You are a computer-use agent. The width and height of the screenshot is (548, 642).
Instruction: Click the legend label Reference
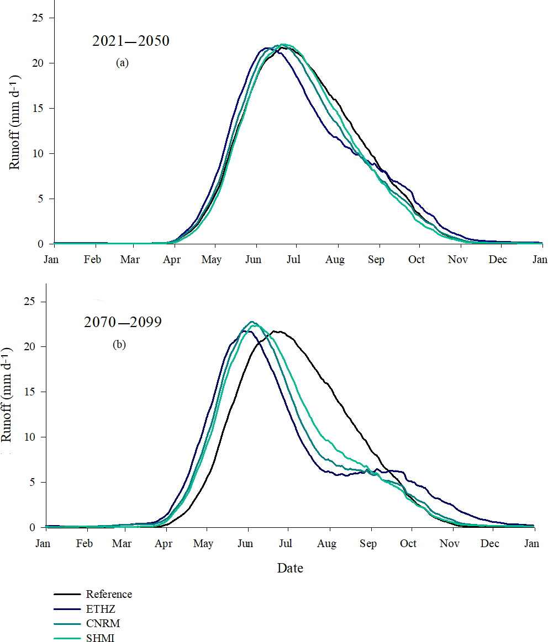(x=109, y=594)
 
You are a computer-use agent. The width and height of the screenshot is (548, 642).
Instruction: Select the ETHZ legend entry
(x=101, y=609)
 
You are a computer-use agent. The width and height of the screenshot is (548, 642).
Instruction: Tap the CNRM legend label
(x=103, y=624)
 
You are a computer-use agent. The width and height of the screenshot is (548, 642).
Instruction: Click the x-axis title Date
(x=290, y=568)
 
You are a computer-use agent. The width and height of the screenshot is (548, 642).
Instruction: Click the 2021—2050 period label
(x=130, y=41)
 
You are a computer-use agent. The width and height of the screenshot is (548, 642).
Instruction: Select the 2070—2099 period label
(x=123, y=323)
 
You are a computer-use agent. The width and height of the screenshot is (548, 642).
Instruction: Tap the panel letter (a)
(x=122, y=63)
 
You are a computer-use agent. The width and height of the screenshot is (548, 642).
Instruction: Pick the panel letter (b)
(x=119, y=345)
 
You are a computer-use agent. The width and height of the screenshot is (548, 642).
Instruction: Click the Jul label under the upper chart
(x=293, y=260)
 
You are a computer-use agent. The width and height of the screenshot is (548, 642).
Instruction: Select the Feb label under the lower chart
(x=84, y=544)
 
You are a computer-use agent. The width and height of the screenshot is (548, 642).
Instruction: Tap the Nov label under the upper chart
(x=457, y=260)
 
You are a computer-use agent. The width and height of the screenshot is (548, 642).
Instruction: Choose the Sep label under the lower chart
(x=368, y=544)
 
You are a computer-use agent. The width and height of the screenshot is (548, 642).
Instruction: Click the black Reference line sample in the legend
(x=67, y=595)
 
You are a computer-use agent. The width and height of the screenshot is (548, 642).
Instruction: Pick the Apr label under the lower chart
(x=164, y=544)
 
